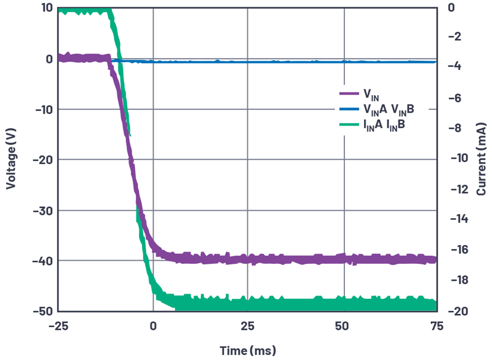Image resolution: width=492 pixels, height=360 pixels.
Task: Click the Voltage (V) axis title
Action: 10,159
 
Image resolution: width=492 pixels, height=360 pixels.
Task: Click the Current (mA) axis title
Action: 482,159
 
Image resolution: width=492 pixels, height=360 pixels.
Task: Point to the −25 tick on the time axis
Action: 58,325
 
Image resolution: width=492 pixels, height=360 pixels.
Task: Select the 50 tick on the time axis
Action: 342,325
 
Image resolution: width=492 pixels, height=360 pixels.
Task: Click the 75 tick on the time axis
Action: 436,325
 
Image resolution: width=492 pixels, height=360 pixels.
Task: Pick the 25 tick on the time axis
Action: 248,325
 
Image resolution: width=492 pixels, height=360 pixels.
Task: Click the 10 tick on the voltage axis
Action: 45,8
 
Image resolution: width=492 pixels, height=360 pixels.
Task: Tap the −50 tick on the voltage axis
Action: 43,311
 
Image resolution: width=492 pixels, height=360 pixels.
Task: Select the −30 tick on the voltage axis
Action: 43,210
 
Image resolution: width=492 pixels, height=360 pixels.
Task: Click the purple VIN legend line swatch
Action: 348,94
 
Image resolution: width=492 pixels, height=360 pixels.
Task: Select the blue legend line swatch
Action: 348,109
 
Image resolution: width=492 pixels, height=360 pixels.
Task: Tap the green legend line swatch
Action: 348,126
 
